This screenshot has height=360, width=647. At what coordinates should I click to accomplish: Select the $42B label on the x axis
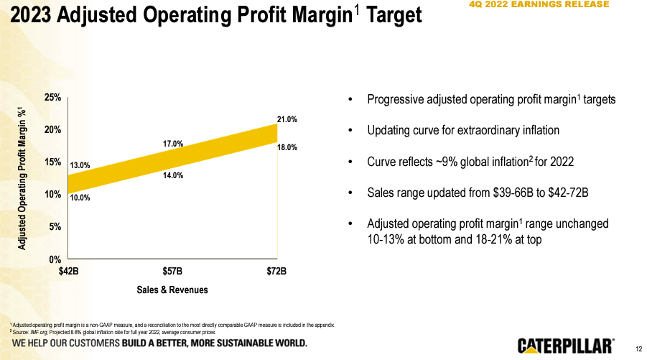(68, 272)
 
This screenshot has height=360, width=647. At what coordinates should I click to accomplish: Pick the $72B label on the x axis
(276, 272)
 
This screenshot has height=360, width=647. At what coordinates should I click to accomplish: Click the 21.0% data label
(287, 119)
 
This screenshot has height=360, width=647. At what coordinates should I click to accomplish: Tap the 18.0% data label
(287, 147)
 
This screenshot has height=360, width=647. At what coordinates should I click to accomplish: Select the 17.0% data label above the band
(173, 144)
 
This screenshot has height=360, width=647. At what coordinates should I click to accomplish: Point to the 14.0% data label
(173, 175)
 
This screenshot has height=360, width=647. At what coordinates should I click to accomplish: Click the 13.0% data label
(80, 165)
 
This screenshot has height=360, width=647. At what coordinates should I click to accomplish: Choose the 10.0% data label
(80, 198)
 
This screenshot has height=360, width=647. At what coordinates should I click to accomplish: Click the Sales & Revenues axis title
(172, 290)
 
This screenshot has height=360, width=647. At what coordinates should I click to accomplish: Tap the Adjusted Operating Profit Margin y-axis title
(23, 178)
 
